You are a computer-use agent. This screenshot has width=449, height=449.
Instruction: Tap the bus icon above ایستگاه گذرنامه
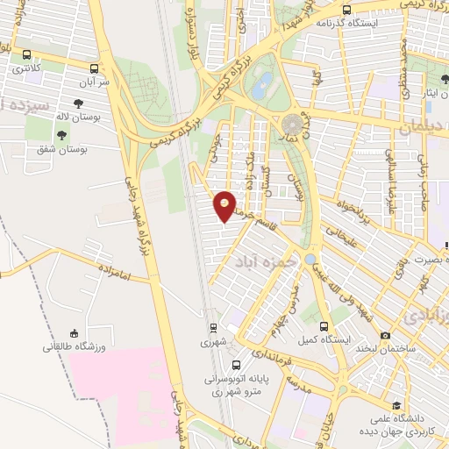346,11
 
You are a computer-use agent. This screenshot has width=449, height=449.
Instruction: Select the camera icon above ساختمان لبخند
385,336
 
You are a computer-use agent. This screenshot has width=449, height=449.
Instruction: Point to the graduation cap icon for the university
396,405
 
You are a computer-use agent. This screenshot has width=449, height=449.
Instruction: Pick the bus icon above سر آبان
94,68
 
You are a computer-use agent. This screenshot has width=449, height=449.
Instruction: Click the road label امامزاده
114,275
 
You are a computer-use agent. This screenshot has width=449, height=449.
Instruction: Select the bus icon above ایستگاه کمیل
324,325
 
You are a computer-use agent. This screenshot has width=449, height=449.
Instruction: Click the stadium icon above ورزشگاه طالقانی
75,333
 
